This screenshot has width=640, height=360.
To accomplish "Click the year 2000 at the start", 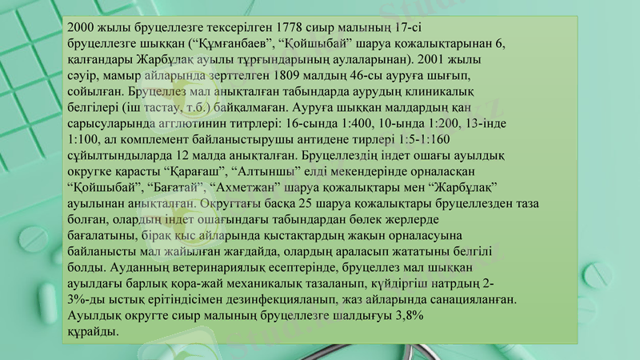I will tap(82, 26).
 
